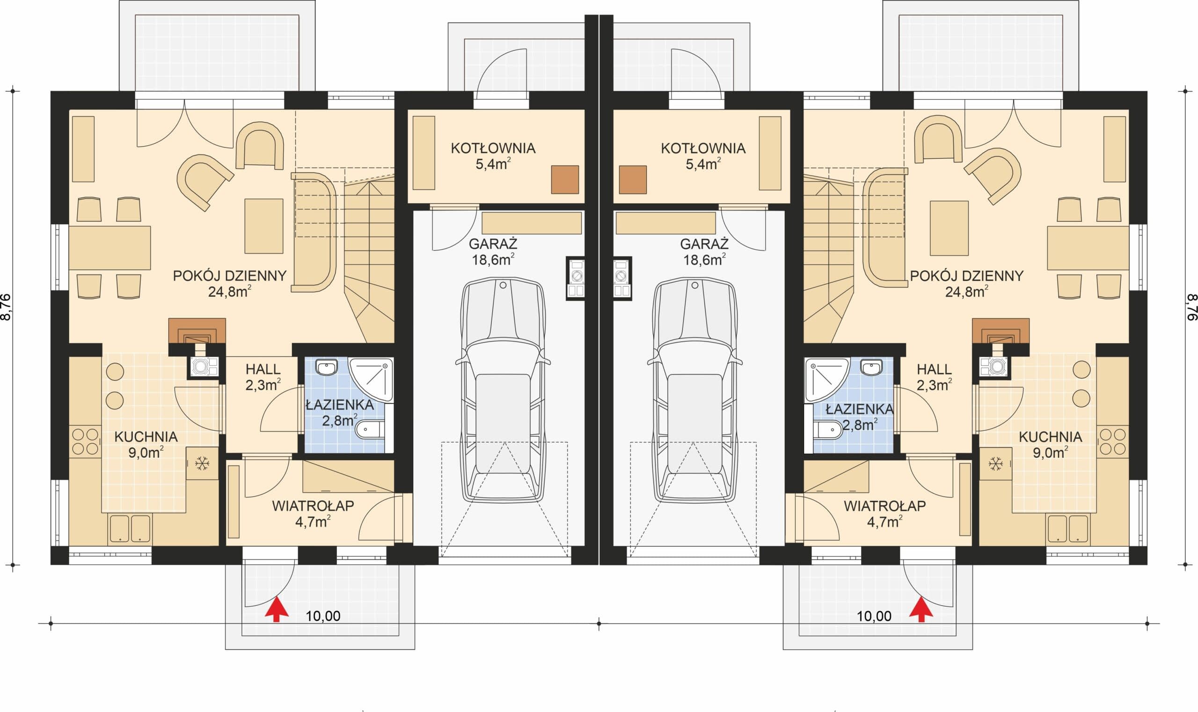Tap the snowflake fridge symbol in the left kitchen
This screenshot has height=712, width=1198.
pos(202,463)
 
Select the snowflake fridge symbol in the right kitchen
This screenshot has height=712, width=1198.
pos(995,463)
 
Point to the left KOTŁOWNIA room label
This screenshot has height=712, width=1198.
pos(493,148)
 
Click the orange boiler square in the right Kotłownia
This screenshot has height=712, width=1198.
pos(633,179)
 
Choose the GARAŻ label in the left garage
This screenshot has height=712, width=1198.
pos(493,244)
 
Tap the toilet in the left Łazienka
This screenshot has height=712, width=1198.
pos(369,430)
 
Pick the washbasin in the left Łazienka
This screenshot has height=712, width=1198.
pos(327,368)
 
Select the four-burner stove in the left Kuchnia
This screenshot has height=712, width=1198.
pos(85,441)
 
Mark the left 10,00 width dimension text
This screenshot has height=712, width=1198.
pos(323,616)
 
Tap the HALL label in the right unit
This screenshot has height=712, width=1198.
pos(934,369)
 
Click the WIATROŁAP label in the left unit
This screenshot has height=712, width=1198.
pos(313,506)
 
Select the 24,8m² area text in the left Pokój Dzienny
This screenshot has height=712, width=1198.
pos(230,291)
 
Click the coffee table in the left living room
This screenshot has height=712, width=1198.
pos(264,226)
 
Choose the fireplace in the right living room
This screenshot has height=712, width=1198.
pos(1001,331)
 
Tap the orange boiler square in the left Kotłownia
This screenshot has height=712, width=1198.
pos(565,179)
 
